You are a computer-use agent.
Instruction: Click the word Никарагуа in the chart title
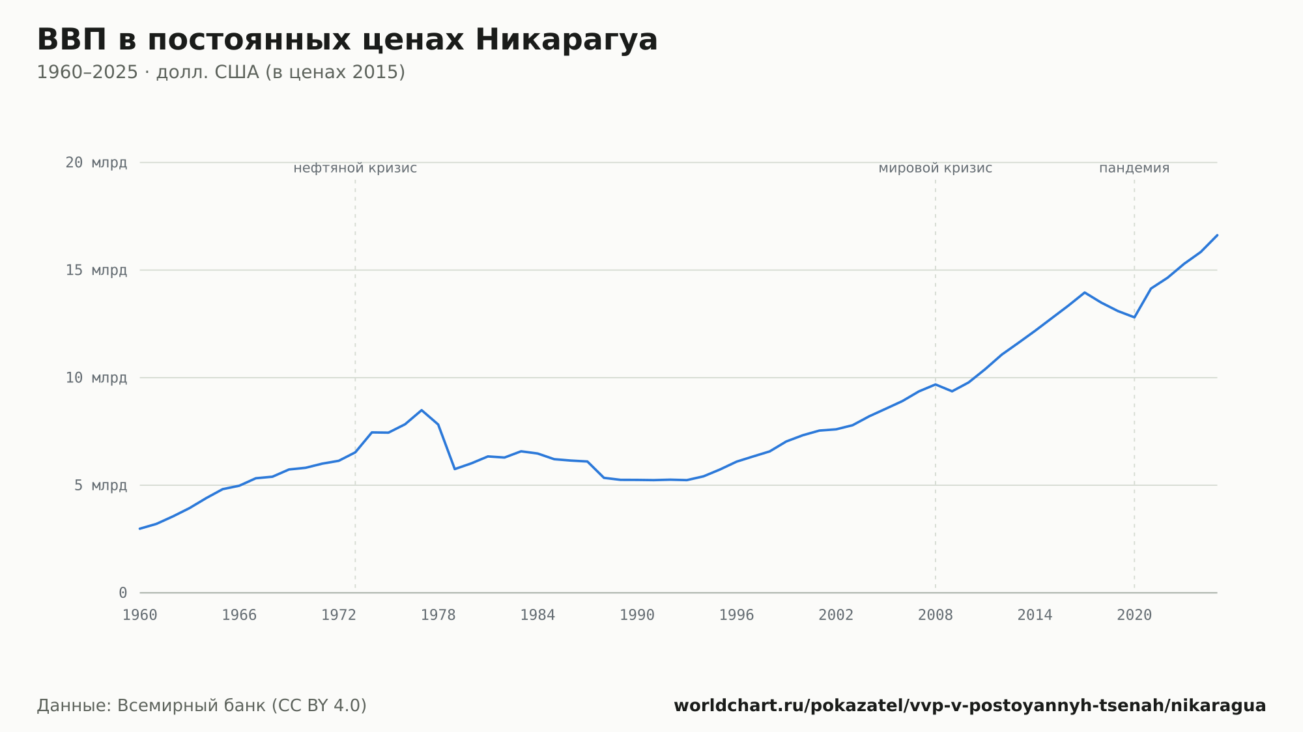click(x=566, y=40)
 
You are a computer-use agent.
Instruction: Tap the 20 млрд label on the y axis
click(x=96, y=163)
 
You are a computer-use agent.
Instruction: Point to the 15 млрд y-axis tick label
click(x=96, y=270)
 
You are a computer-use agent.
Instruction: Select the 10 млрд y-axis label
click(x=96, y=378)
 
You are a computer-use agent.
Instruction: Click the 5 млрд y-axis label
click(x=100, y=485)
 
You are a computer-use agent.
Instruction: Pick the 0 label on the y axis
click(x=123, y=593)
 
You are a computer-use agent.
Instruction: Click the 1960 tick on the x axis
click(x=140, y=615)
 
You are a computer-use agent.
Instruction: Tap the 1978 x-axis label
click(x=438, y=615)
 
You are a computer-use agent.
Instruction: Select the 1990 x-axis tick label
click(x=637, y=615)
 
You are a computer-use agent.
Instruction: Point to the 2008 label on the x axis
click(x=936, y=615)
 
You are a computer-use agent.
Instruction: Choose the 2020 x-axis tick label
click(x=1134, y=615)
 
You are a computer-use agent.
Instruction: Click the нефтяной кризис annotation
click(x=355, y=168)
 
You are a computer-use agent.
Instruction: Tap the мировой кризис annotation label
click(x=936, y=168)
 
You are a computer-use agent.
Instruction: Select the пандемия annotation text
click(x=1134, y=168)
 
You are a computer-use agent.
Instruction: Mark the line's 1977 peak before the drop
click(x=422, y=410)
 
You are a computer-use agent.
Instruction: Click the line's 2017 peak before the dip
click(x=1084, y=292)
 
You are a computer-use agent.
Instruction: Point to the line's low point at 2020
click(x=1134, y=317)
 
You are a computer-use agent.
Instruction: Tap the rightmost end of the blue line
click(x=1217, y=235)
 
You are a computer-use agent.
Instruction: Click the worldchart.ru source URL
click(x=969, y=706)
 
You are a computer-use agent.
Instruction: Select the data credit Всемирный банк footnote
click(x=202, y=706)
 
